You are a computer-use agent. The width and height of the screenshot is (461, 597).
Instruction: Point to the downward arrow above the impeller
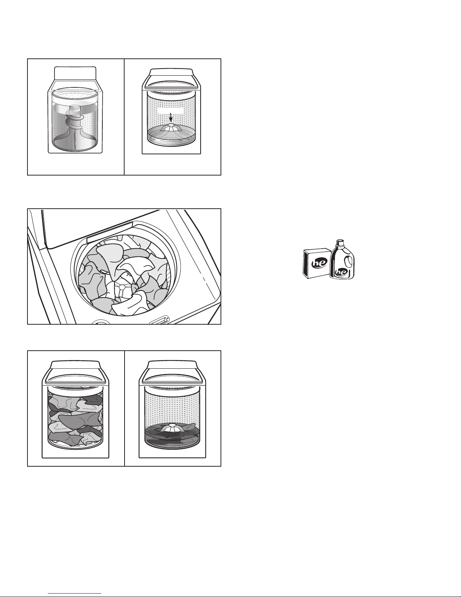[x=171, y=117]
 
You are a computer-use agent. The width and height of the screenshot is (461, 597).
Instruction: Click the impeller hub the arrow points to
[x=171, y=125]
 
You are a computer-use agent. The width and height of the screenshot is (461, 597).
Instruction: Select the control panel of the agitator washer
[x=75, y=73]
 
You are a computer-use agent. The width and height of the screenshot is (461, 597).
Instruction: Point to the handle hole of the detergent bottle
[x=348, y=260]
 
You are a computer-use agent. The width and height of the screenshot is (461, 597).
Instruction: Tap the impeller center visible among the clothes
[x=121, y=286]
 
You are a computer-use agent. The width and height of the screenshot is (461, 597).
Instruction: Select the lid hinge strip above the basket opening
[x=110, y=232]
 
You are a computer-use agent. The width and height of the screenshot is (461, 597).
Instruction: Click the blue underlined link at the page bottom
[x=75, y=594]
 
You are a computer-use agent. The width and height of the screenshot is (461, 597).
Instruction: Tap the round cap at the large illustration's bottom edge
[x=101, y=322]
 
